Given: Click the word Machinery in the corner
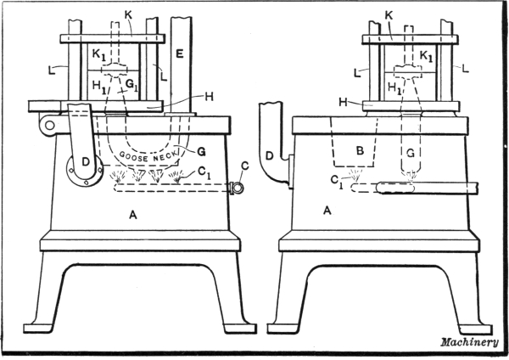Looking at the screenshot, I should coord(469,342).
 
